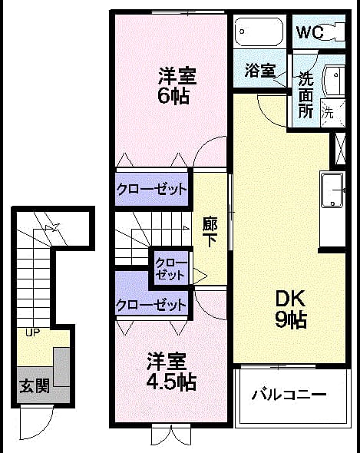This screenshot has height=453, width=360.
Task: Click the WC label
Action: pyautogui.click(x=310, y=32)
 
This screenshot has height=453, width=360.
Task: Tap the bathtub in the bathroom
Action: pyautogui.click(x=259, y=32)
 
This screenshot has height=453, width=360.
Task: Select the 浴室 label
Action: pyautogui.click(x=260, y=70)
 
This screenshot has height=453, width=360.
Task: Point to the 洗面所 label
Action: pyautogui.click(x=306, y=94)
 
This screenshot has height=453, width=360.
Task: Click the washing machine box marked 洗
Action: pyautogui.click(x=333, y=113)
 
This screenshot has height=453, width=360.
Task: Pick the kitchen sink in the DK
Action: pyautogui.click(x=332, y=190)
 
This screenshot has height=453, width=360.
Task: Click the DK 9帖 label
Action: pyautogui.click(x=290, y=309)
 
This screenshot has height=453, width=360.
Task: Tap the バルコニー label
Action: pyautogui.click(x=289, y=395)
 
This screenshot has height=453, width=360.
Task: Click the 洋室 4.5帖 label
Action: pyautogui.click(x=171, y=372)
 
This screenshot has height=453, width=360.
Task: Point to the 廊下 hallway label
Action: pyautogui.click(x=210, y=232)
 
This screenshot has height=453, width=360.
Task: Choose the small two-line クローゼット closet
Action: pyautogui.click(x=170, y=269)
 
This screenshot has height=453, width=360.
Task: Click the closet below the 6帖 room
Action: pyautogui.click(x=152, y=189)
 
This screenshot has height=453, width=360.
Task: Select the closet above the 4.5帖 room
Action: pyautogui.click(x=151, y=304)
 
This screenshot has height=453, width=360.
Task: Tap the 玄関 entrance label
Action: pyautogui.click(x=35, y=385)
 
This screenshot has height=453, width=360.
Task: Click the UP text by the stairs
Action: pyautogui.click(x=33, y=332)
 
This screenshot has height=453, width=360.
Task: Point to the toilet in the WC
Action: pyautogui.click(x=335, y=31)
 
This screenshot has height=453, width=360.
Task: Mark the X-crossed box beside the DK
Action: pyautogui.click(x=340, y=149)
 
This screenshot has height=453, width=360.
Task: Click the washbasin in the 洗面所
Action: pyautogui.click(x=335, y=81)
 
